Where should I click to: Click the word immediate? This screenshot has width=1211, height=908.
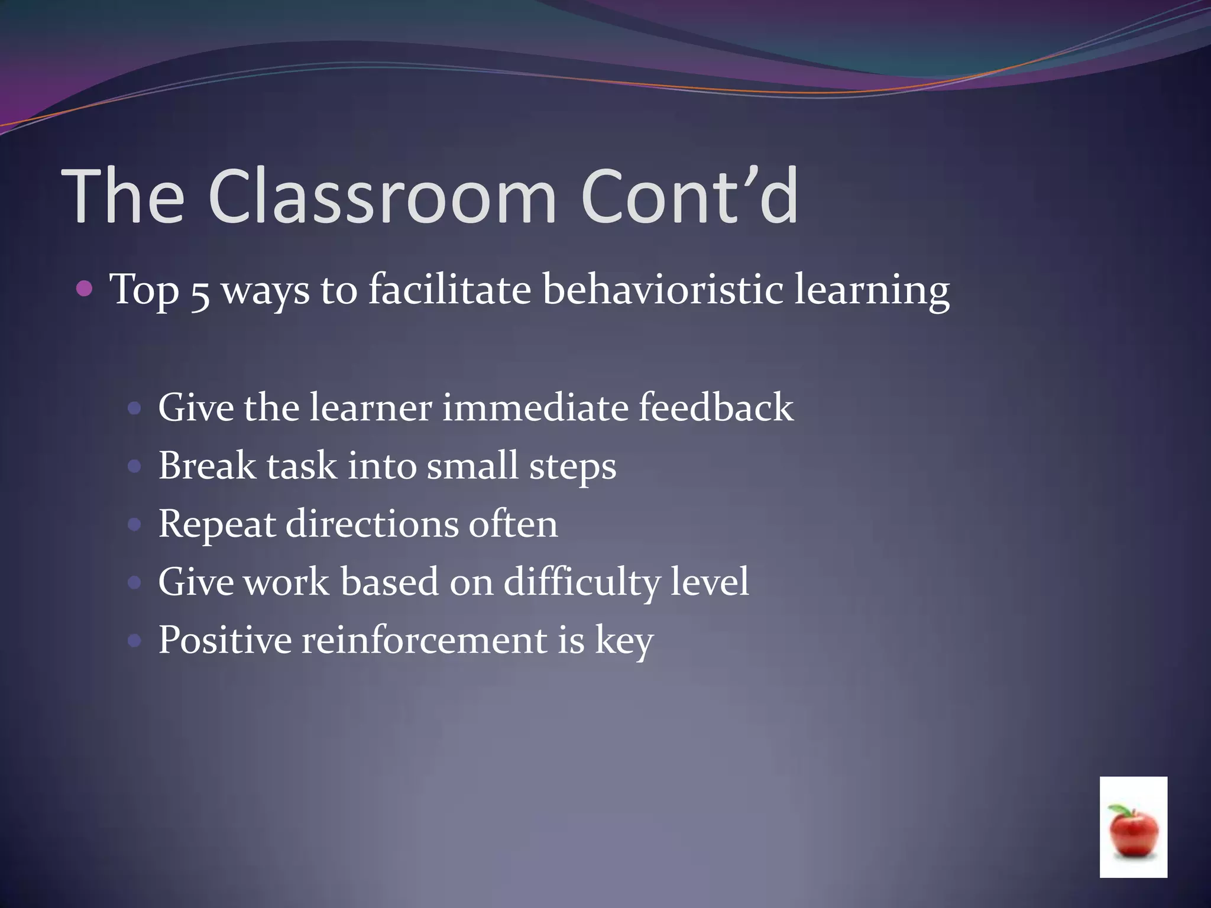point(535,408)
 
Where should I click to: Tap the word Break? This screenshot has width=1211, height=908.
point(207,466)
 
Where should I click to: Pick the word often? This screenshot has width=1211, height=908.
point(513,524)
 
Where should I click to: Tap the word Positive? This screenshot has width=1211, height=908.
point(225,640)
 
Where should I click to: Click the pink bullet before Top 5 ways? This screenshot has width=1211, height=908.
point(85,289)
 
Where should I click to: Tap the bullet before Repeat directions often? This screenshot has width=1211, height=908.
point(135,524)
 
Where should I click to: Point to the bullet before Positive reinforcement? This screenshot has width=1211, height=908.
point(135,640)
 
